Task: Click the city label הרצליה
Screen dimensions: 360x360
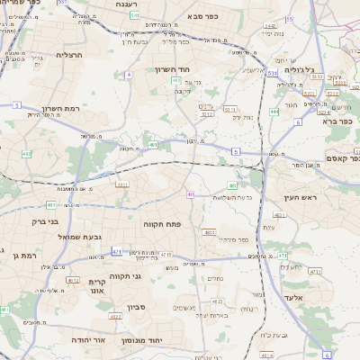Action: (69, 55)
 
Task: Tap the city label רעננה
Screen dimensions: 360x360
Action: (126, 4)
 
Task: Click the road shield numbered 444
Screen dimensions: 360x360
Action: (274, 112)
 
